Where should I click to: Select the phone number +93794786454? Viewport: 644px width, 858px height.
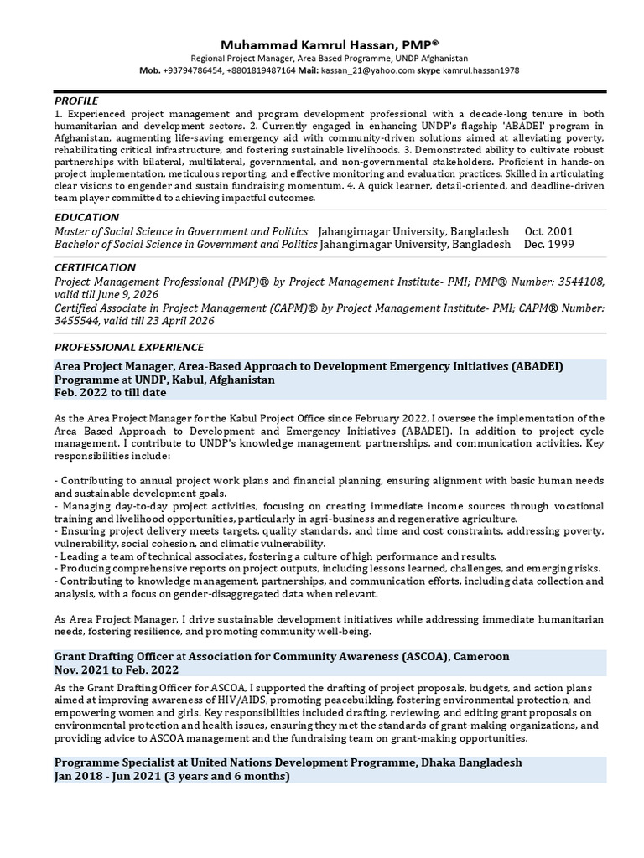click(193, 71)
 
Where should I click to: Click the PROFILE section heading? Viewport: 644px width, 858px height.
click(76, 101)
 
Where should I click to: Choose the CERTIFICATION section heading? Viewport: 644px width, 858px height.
click(94, 267)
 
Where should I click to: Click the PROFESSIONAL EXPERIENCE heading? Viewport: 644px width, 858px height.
click(129, 347)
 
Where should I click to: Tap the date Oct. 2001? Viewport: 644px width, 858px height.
click(550, 231)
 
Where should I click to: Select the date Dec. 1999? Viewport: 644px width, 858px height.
click(549, 245)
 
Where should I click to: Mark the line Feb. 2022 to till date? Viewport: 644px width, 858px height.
click(111, 392)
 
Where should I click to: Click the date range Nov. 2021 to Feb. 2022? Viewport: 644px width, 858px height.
click(117, 669)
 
